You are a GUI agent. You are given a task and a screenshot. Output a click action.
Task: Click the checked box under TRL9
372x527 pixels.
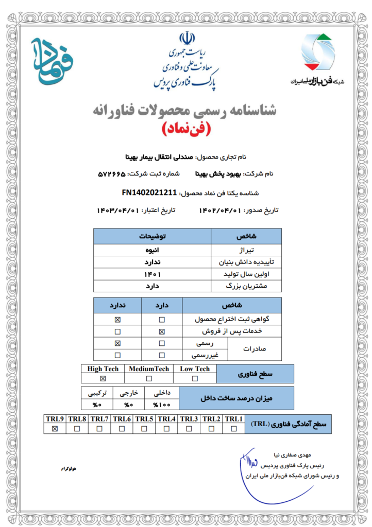(55, 429)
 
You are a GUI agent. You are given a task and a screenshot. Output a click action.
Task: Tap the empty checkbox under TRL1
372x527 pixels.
(234, 429)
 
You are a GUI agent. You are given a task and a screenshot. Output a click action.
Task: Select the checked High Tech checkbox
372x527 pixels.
(103, 379)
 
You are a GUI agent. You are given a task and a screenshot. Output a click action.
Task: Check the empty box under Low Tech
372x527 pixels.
(195, 379)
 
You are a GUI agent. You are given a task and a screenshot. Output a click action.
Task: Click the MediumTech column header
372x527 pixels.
(149, 369)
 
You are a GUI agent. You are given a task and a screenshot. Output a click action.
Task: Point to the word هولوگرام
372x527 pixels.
(68, 470)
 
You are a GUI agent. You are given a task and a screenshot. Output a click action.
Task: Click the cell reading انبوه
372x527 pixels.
(152, 251)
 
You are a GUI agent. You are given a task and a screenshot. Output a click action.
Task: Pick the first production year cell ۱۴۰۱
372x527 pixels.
(152, 274)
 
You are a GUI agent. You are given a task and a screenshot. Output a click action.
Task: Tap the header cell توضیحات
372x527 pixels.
(152, 237)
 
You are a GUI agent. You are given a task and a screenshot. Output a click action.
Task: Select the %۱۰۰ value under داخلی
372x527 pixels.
(162, 404)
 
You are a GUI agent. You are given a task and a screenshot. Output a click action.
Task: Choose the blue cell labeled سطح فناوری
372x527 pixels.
(255, 374)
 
